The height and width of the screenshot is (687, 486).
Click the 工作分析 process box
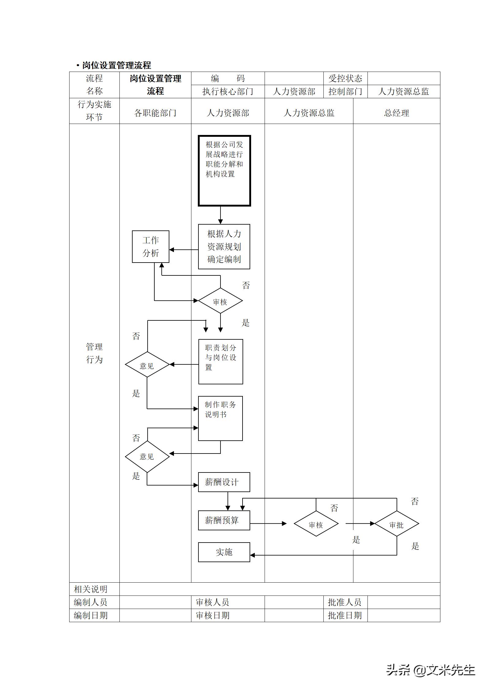point(150,246)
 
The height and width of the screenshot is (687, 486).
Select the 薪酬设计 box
point(224,482)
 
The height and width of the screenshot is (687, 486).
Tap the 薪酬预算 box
point(224,520)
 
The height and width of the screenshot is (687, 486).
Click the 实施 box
point(224,552)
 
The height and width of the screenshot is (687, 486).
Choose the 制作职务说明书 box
point(220,418)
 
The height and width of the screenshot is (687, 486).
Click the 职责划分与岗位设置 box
point(220,361)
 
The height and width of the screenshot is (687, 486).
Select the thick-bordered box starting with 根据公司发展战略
point(224,170)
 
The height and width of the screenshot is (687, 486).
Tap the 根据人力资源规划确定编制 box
point(224,246)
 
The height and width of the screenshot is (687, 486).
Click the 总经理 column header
point(397,113)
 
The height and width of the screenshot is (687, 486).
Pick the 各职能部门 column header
point(155,113)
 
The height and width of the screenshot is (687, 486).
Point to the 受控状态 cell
point(345,78)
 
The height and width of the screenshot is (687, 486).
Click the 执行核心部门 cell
point(228,91)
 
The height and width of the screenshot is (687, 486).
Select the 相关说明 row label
point(91,589)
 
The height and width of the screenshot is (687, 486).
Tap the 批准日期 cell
point(345,615)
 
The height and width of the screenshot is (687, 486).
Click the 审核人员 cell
point(213,602)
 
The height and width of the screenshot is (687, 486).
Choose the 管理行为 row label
point(94,353)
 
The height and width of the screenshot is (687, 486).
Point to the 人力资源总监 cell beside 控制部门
point(404,91)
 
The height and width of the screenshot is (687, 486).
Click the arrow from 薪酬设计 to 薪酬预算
point(228,501)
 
